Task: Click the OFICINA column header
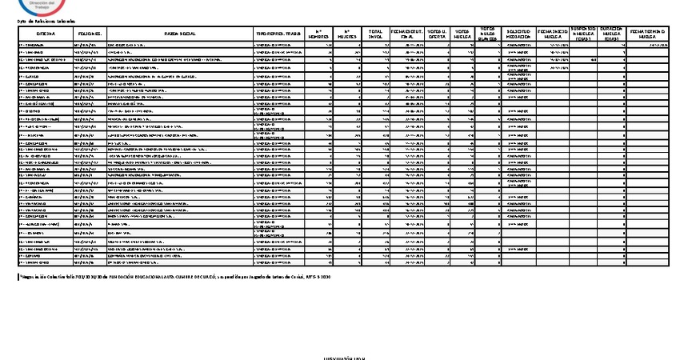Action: pyautogui.click(x=45, y=34)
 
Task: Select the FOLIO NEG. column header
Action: pyautogui.click(x=88, y=34)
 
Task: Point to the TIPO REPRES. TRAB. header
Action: pyautogui.click(x=279, y=34)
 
